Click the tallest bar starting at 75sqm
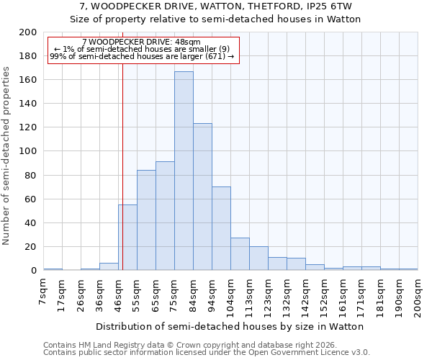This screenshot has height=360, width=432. [x=184, y=171]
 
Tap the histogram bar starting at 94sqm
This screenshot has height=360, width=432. [x=221, y=228]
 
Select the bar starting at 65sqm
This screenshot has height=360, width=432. [x=165, y=216]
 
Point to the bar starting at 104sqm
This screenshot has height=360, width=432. [x=240, y=254]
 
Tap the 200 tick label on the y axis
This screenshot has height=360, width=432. [x=28, y=32]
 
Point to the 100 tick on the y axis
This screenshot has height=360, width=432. [x=28, y=151]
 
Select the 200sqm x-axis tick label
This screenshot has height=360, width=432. [x=418, y=297]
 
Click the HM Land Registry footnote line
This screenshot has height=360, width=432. [x=184, y=345]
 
